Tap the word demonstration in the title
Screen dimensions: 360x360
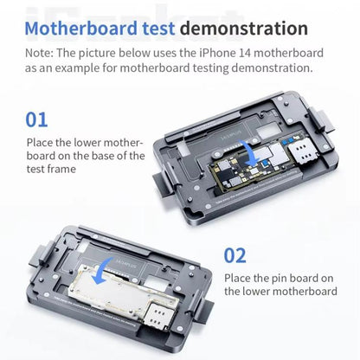tap(246, 29)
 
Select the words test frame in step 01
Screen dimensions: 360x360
tap(56, 169)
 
